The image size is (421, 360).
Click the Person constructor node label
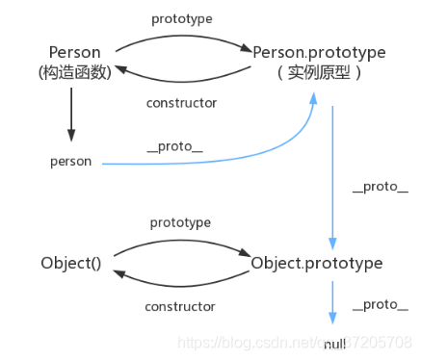[x=70, y=51]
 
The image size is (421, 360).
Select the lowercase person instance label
[x=70, y=161]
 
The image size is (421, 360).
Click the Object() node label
[x=70, y=263]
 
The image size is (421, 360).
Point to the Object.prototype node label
[x=316, y=263]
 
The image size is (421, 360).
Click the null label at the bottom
[x=334, y=344]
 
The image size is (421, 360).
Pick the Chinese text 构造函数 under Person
[x=70, y=72]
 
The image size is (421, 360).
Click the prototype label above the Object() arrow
[x=180, y=222]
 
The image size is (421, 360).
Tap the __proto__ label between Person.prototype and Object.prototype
[x=375, y=186]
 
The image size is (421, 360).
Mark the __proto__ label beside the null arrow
[x=375, y=304]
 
